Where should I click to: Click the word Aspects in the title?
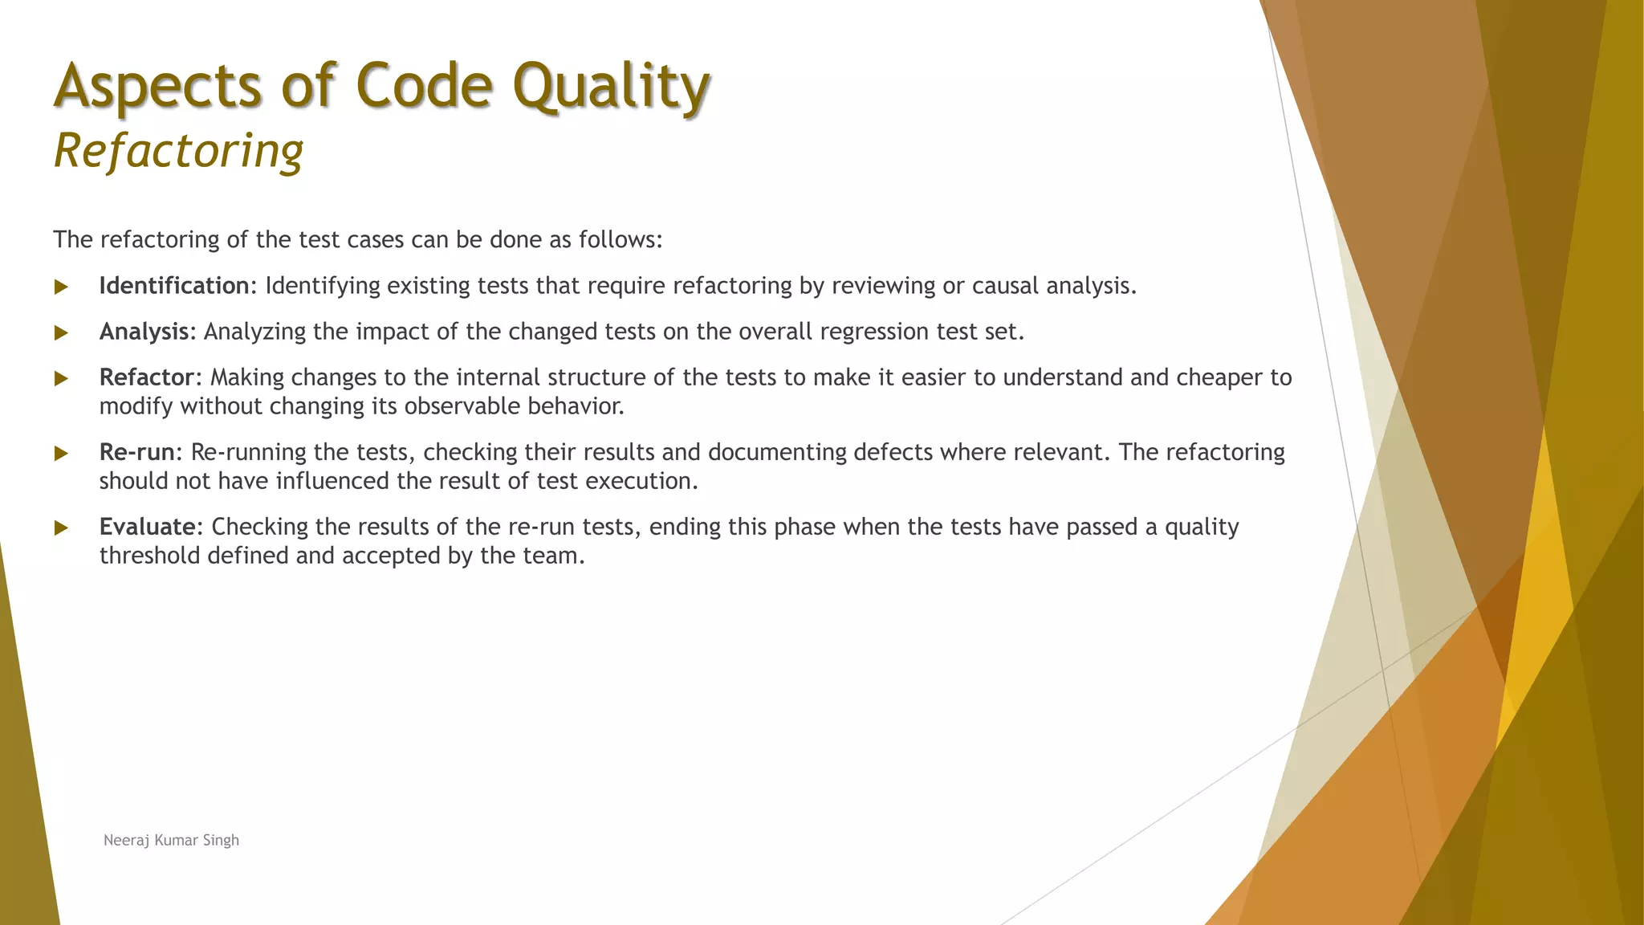click(157, 87)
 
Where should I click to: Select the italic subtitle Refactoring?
click(178, 151)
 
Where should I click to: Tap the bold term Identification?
click(174, 286)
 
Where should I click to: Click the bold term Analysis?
click(144, 332)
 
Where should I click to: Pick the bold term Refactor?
click(147, 377)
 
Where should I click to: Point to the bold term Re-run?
click(136, 452)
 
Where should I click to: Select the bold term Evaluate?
click(147, 527)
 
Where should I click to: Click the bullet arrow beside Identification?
click(61, 287)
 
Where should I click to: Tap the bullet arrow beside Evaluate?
click(61, 528)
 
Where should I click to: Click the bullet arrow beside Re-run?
click(61, 453)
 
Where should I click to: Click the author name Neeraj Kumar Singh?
click(171, 840)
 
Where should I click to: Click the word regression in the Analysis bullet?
click(874, 332)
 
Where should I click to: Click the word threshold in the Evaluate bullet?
click(150, 556)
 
